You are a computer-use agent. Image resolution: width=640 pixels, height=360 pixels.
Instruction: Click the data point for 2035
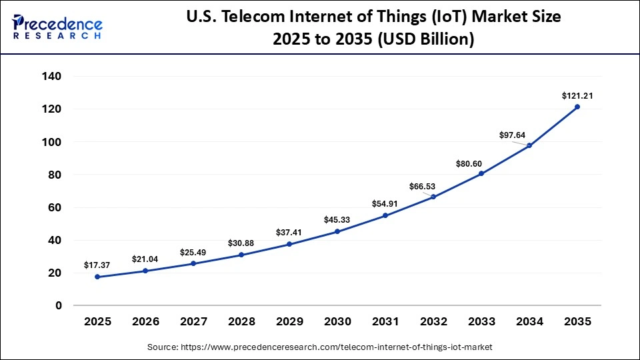[x=577, y=107]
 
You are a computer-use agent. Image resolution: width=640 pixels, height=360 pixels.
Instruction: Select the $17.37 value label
[x=97, y=265]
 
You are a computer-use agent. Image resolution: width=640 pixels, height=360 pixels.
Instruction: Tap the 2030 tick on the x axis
[x=337, y=321]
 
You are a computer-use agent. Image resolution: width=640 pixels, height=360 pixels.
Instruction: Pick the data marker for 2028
[x=241, y=255]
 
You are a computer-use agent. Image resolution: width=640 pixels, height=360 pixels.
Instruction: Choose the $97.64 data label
[x=513, y=135]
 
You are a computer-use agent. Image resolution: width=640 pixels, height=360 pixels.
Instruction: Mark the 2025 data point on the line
[x=97, y=277]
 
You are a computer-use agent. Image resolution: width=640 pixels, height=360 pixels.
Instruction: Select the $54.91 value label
[x=385, y=203]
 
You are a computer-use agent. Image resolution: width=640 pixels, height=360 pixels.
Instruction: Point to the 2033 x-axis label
[x=481, y=321]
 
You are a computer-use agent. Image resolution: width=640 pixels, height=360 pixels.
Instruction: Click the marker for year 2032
[x=433, y=197]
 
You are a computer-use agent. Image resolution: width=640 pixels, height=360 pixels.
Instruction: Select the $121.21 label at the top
[x=577, y=96]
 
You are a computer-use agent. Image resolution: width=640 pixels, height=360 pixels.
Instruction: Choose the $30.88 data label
[x=241, y=243]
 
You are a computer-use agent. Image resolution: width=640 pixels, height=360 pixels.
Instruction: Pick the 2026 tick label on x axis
[x=145, y=321]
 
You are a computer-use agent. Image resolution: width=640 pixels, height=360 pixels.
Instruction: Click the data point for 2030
[x=337, y=231]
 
